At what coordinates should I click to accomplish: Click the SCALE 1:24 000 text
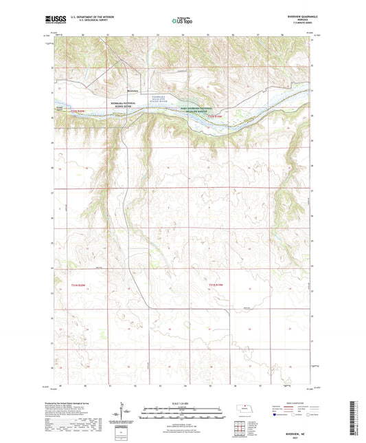183,403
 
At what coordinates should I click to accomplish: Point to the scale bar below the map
183,413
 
